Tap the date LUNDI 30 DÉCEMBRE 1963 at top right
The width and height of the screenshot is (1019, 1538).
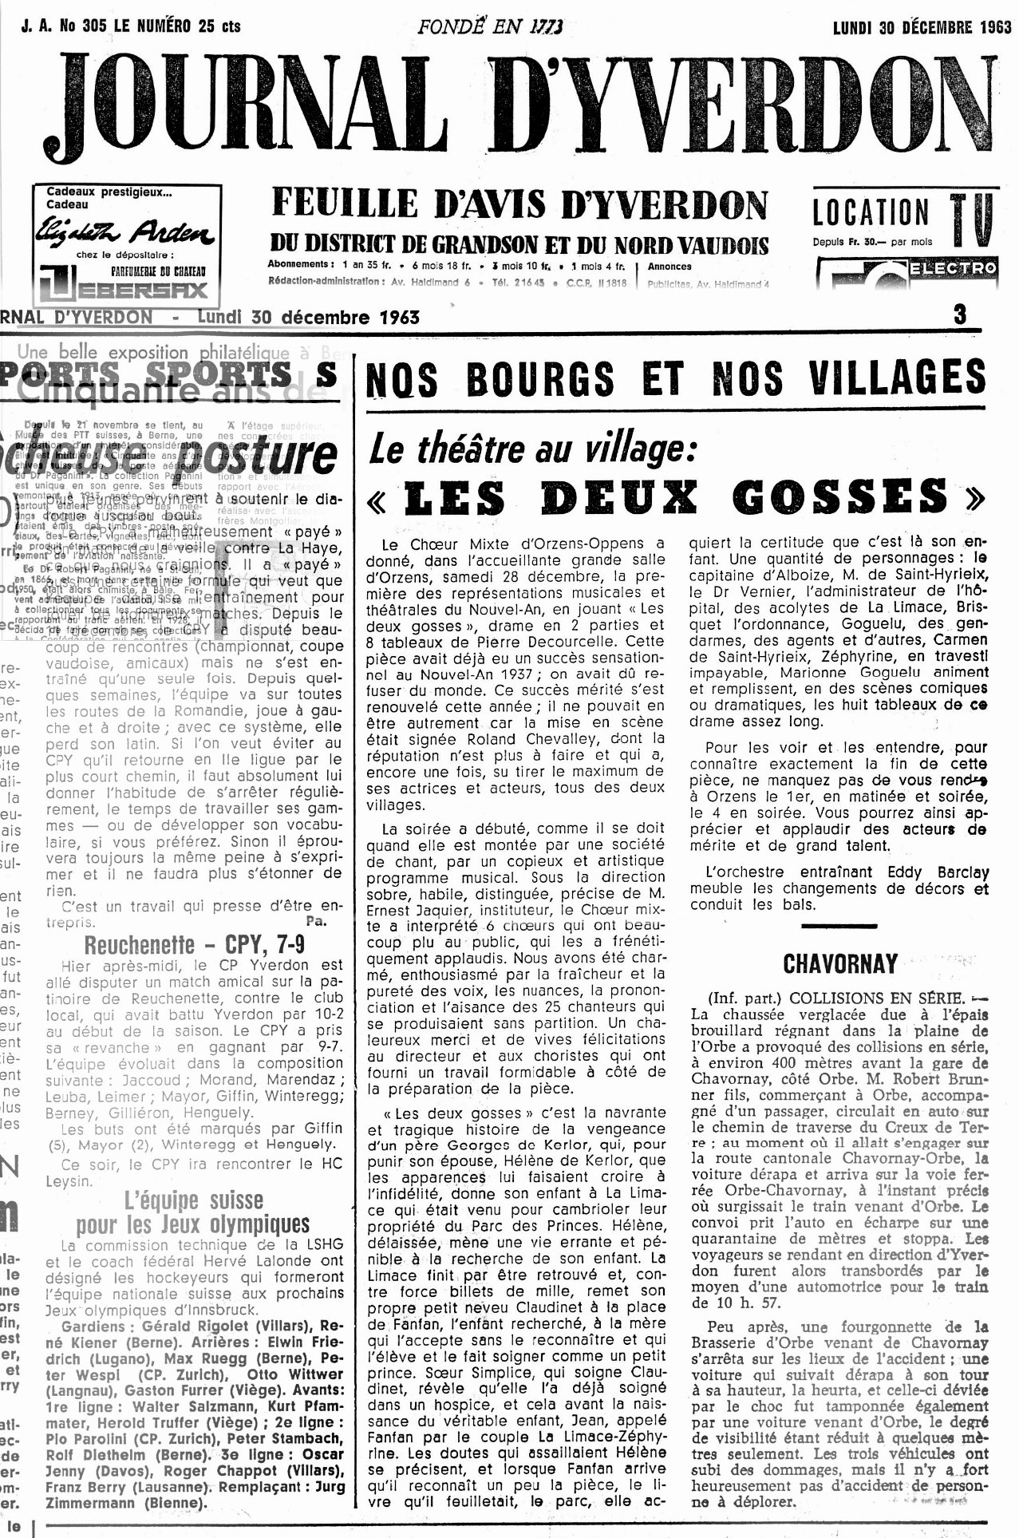pyautogui.click(x=922, y=26)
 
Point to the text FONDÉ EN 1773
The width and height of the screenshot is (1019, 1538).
pyautogui.click(x=490, y=26)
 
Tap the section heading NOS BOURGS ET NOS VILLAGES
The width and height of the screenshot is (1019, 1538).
pyautogui.click(x=675, y=378)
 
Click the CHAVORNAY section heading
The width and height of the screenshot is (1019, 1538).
pyautogui.click(x=840, y=963)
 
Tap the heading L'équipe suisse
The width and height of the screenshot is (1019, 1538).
pyautogui.click(x=194, y=1200)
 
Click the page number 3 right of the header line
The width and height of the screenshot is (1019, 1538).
pyautogui.click(x=959, y=314)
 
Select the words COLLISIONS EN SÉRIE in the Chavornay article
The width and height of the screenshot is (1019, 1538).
pyautogui.click(x=869, y=998)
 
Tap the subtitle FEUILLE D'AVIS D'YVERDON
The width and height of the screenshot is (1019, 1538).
pyautogui.click(x=519, y=205)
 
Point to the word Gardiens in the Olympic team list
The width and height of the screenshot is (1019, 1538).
pyautogui.click(x=90, y=1326)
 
